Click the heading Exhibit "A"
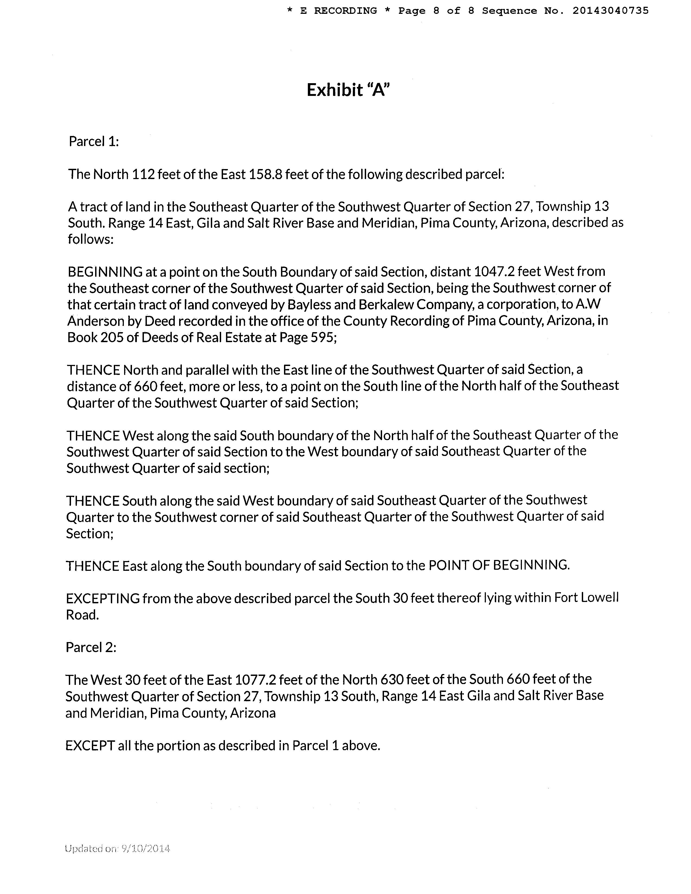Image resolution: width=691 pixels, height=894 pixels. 348,90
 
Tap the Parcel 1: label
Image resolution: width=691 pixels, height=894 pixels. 94,142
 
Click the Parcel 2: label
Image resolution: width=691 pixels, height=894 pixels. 91,647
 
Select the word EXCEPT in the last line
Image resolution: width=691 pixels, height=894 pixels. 90,746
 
